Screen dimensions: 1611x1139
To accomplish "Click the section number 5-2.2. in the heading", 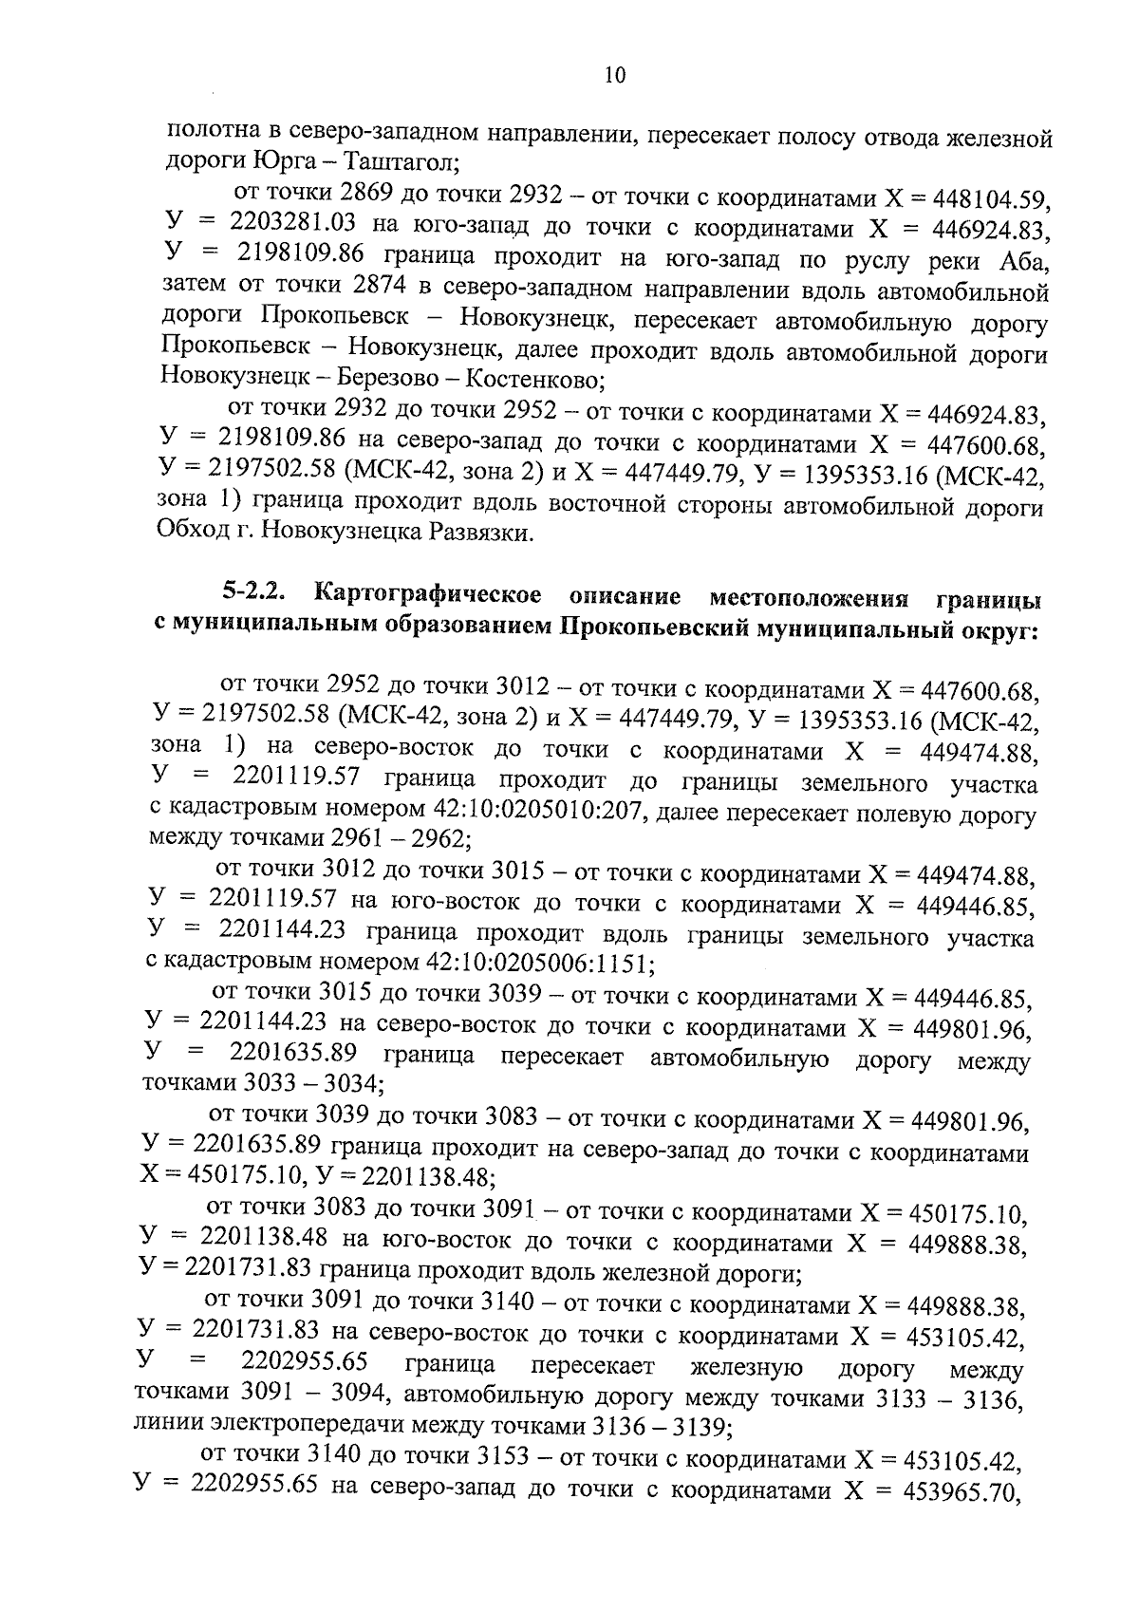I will [x=256, y=596].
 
